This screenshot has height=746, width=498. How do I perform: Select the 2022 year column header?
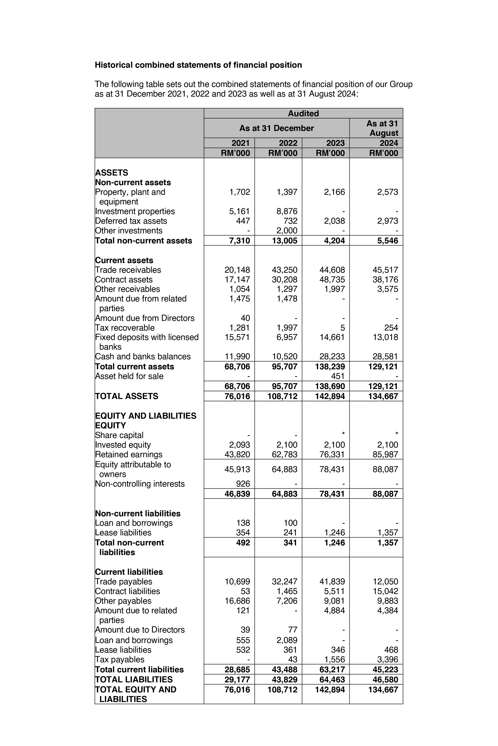pos(288,143)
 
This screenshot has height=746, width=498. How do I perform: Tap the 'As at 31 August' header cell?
pos(382,128)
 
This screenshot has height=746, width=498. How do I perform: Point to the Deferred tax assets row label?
pos(131,221)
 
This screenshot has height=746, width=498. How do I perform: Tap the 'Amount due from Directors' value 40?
pos(245,318)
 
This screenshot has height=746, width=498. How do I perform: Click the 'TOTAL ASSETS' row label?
pos(126,396)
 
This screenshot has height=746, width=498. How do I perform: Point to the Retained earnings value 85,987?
pos(385,454)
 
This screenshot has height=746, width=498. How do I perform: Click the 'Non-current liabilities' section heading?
pos(137,513)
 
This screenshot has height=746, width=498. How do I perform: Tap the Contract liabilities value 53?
pos(245,591)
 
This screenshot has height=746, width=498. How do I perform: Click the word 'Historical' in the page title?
pos(114,65)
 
